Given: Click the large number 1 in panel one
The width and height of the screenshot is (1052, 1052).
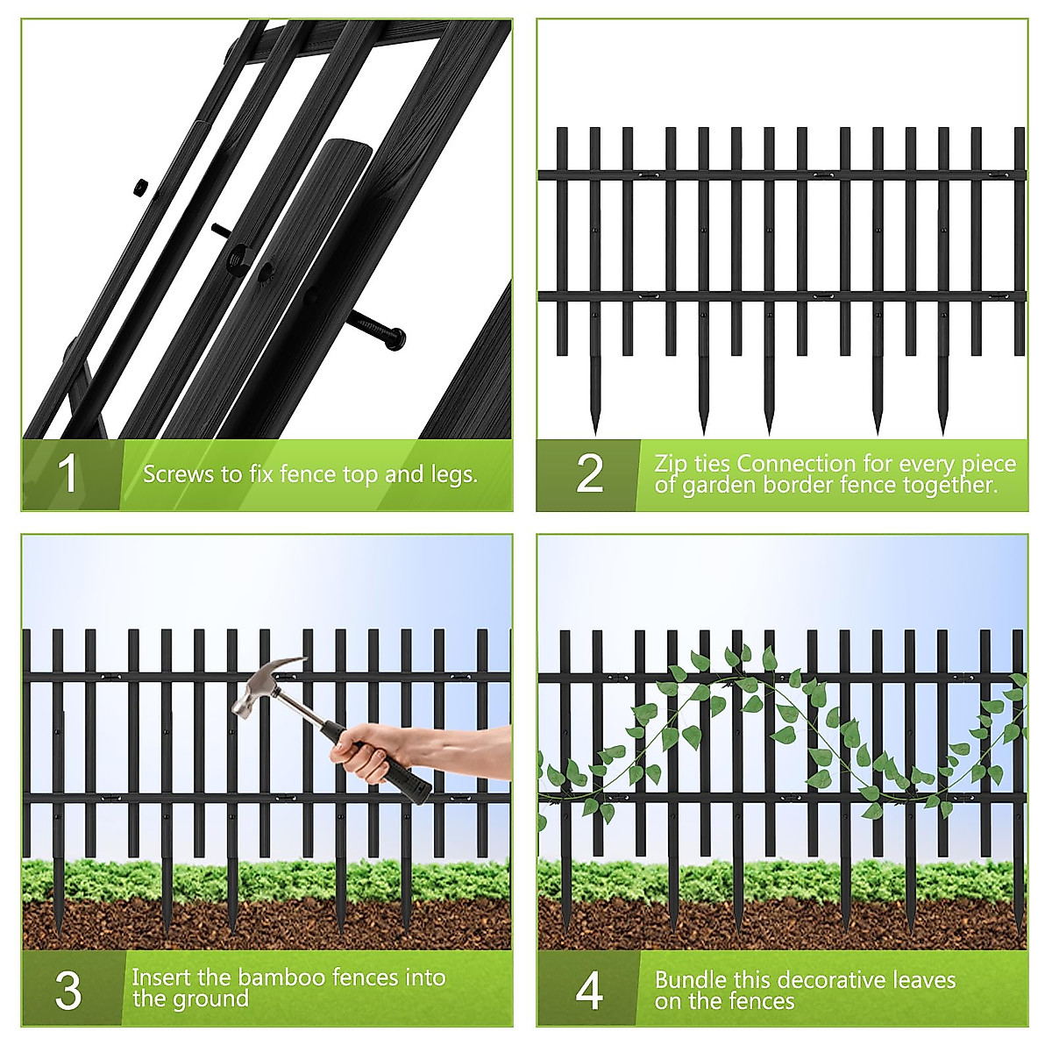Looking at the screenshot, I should (x=68, y=474).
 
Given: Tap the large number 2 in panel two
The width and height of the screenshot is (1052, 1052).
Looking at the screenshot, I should (x=589, y=474).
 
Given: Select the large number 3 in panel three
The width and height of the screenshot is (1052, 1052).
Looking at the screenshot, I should (x=68, y=990).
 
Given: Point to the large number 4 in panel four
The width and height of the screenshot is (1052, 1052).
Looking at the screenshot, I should (x=589, y=991).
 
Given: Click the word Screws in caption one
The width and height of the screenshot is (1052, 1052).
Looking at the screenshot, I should (x=173, y=475).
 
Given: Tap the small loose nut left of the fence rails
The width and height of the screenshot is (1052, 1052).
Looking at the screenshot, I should (x=139, y=186).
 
